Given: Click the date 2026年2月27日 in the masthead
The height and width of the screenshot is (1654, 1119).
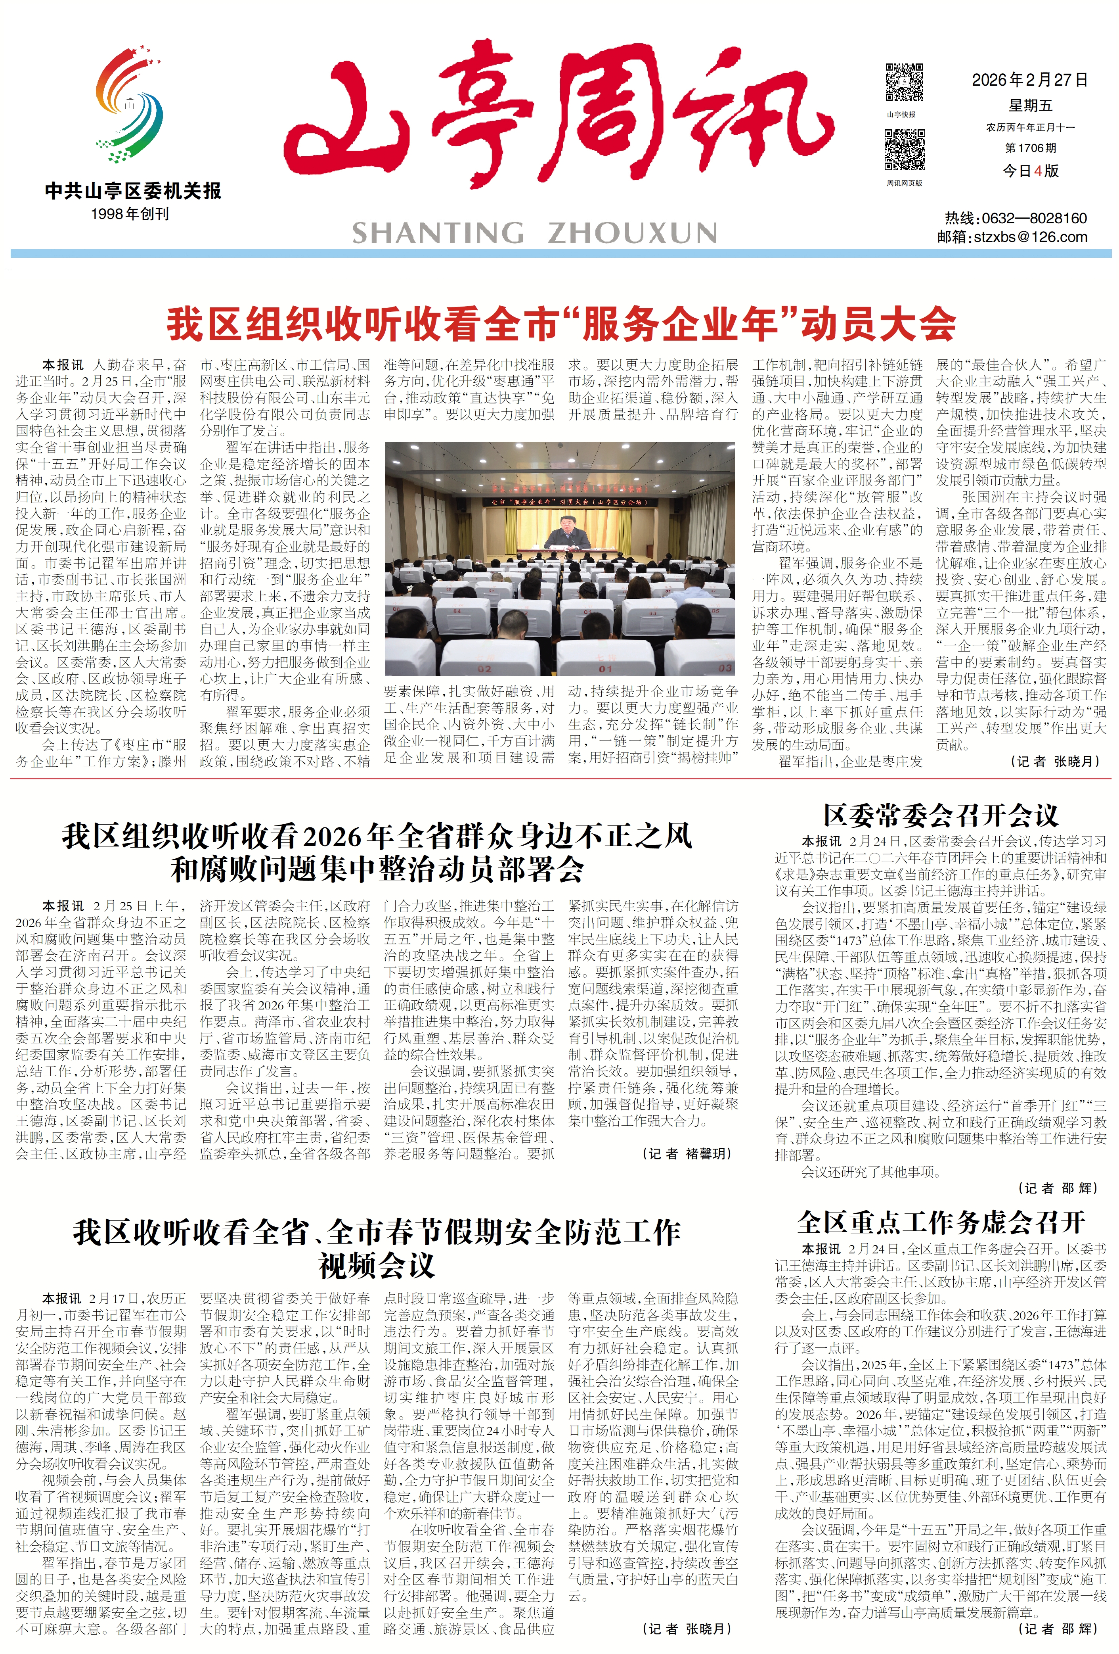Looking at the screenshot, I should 1029,80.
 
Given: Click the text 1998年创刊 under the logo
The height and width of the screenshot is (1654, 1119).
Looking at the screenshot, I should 130,213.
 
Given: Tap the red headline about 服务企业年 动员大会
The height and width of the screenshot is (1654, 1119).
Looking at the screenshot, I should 560,324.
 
